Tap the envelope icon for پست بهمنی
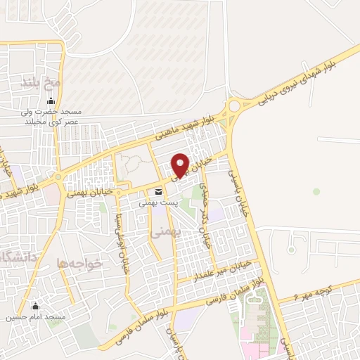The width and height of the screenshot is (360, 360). [x=158, y=192]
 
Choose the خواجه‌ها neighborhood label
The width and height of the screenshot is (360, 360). [x=80, y=263]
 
